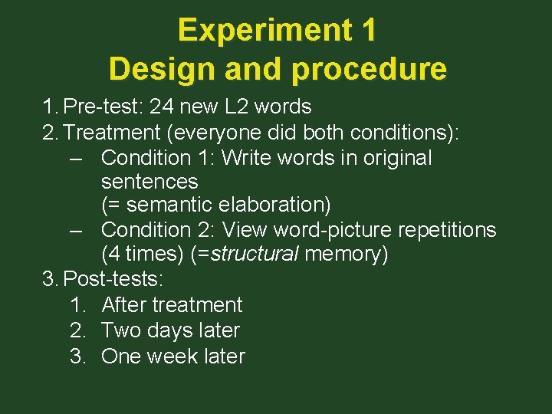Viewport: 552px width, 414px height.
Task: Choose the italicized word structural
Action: [254, 255]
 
